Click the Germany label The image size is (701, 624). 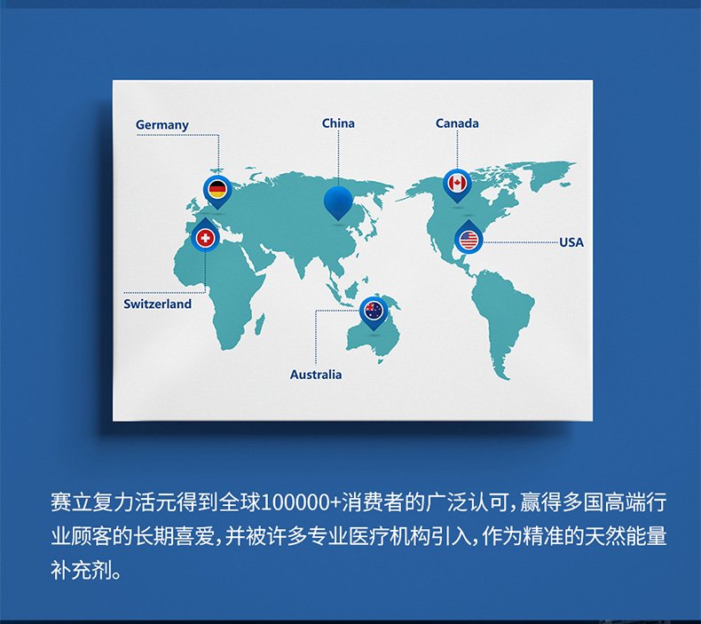tap(161, 125)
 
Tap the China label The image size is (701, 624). tap(338, 123)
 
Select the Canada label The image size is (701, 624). tap(457, 123)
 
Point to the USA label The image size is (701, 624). tap(571, 242)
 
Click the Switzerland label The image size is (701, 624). tap(157, 304)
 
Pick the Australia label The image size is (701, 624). tap(316, 375)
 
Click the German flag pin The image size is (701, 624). tap(217, 192)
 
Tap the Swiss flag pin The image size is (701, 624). tap(205, 236)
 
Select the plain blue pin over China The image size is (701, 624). tap(338, 203)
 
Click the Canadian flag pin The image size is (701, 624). tap(457, 186)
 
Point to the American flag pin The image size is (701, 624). tap(469, 237)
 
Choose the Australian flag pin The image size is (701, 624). tap(374, 312)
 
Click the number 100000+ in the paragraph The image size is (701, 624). tap(301, 502)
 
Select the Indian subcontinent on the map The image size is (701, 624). tap(304, 262)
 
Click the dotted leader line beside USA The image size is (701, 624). tap(521, 242)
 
